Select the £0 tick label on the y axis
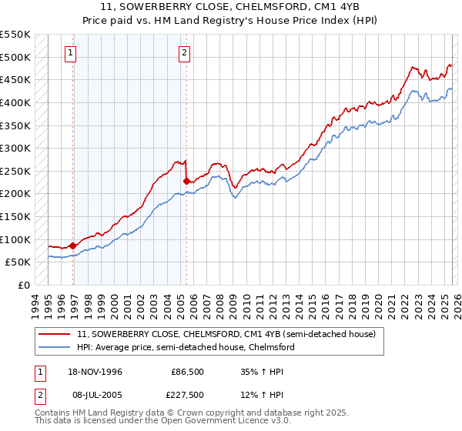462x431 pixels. coord(23,285)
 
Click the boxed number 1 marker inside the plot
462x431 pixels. coord(71,53)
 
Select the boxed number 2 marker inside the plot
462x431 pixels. coord(185,53)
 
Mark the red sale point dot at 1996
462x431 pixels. coord(72,246)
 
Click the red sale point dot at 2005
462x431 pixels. coord(186,181)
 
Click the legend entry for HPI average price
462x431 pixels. coord(186,347)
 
